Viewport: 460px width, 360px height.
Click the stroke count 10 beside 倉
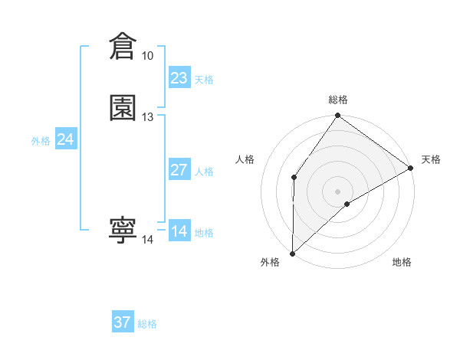pos(147,56)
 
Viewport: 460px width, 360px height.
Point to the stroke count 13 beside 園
pos(147,116)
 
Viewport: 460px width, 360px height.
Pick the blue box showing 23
pos(179,78)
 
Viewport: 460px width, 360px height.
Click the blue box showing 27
pos(179,170)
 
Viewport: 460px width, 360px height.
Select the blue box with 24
pos(66,139)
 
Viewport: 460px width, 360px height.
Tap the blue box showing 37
pos(123,322)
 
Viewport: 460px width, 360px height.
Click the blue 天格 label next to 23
pos(204,80)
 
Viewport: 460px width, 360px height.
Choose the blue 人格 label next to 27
pos(204,172)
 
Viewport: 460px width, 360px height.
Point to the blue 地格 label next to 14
pos(204,233)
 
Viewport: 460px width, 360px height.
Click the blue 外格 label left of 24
pos(41,141)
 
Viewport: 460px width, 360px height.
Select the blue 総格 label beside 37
pos(147,324)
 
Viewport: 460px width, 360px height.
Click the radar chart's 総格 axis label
pos(338,100)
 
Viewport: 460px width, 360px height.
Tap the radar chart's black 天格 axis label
pos(431,159)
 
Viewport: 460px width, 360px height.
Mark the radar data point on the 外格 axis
pos(293,253)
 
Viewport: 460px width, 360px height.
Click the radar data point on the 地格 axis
pos(347,204)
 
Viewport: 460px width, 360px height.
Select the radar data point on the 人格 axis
pos(294,178)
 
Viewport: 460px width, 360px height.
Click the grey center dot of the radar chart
pos(338,191)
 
